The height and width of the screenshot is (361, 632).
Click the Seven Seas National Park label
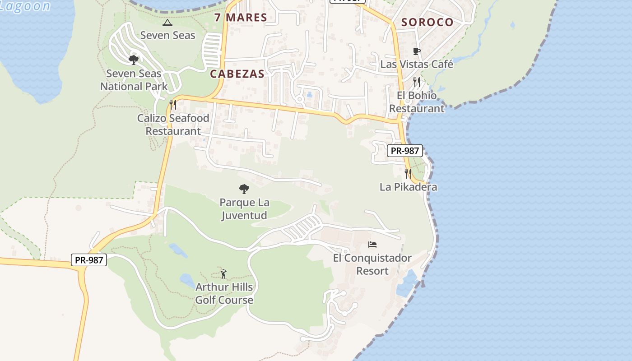[x=134, y=80]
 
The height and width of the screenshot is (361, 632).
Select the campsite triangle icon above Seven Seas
[x=167, y=22]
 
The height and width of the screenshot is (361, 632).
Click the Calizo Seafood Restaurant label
[x=173, y=125]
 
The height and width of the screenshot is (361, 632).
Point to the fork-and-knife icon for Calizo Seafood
[x=173, y=105]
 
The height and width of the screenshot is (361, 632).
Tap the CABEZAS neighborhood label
[x=237, y=74]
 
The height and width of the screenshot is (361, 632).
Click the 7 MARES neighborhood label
[x=241, y=18]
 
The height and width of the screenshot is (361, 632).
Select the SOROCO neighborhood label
[x=427, y=22]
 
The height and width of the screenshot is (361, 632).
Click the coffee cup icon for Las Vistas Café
[x=417, y=51]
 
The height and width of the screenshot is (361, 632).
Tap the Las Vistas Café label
[x=417, y=64]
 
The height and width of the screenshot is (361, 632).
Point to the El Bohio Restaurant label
[x=417, y=102]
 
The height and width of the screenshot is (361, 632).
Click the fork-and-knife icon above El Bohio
[x=417, y=82]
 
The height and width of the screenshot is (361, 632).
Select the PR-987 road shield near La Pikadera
[x=405, y=151]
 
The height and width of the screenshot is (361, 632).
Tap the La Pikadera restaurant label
[x=408, y=187]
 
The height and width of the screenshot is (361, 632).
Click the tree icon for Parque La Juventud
[x=244, y=189]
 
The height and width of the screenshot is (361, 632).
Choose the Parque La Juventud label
[x=244, y=209]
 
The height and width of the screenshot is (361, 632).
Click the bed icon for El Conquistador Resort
[x=372, y=245]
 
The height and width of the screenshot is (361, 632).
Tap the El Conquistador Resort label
[x=372, y=264]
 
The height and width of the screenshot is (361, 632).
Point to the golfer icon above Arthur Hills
[x=223, y=273]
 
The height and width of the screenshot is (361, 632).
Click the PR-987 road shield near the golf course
[x=89, y=260]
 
